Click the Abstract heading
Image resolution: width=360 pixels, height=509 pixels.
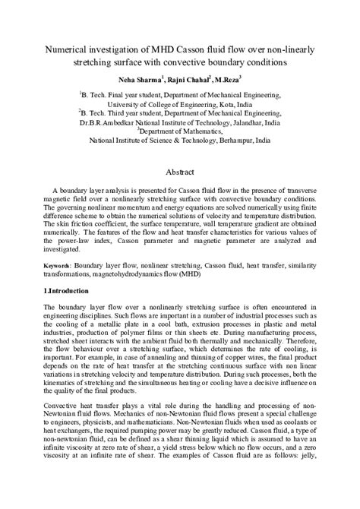(x=181, y=172)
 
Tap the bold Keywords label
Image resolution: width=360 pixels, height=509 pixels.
(x=55, y=265)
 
